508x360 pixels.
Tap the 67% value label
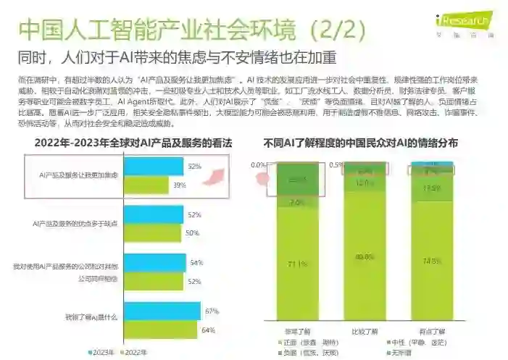(211, 311)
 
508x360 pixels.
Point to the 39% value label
(178, 186)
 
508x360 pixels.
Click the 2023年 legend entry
(101, 352)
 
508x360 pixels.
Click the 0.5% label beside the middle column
(335, 164)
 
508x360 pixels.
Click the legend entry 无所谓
(401, 352)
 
